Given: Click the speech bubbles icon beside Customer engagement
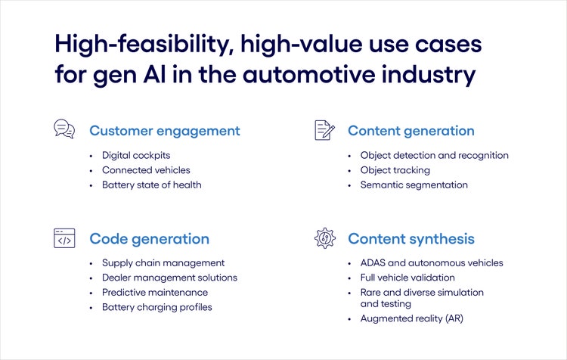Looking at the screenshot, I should coord(64,129).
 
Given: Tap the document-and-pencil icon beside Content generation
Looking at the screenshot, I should coord(324,129).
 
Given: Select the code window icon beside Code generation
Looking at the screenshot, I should coord(64,238).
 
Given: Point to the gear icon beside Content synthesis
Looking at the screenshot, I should coord(324,238).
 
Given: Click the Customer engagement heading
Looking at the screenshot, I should coord(164,131).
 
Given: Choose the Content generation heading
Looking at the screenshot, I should coord(411,131).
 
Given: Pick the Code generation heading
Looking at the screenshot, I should coord(149,239).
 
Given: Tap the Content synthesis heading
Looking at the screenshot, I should coord(411,239).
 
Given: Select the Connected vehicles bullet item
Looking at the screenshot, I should coord(146,170).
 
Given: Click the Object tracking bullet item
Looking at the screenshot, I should coord(395,170).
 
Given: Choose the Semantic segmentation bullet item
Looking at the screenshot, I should coord(414,185).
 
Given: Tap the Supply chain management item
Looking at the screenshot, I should coord(163,263).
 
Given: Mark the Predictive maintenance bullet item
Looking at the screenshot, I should coord(155,292).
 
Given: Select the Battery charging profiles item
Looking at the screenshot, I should coord(157,307).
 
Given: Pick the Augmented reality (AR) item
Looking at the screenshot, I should coord(411,318).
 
